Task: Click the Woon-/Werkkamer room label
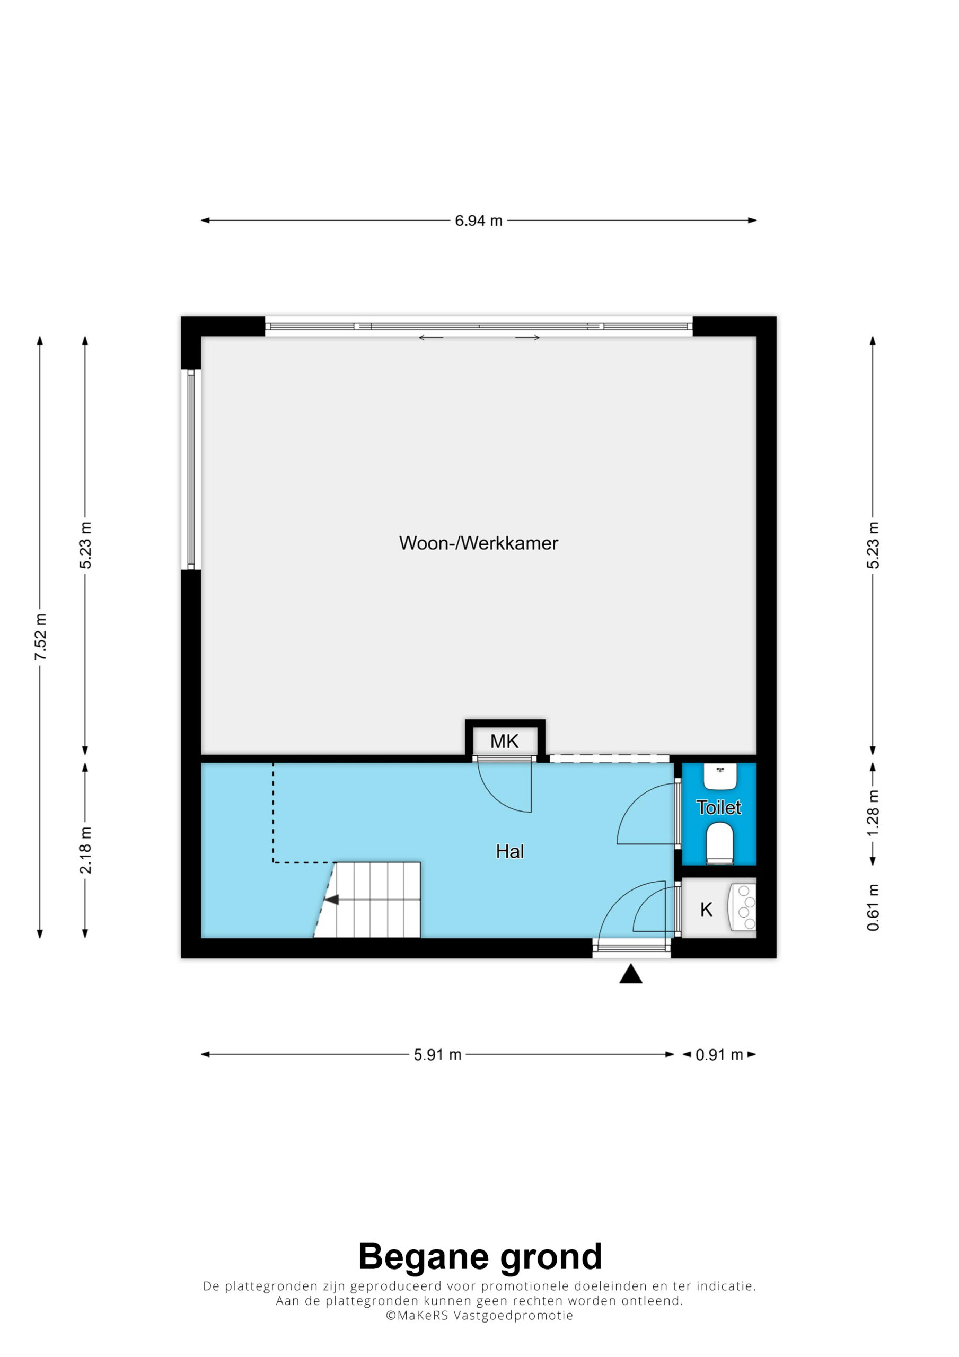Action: click(478, 543)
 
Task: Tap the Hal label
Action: click(509, 851)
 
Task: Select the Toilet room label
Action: click(718, 807)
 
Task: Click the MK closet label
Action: click(504, 741)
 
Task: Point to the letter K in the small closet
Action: click(706, 910)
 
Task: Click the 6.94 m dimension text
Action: click(478, 221)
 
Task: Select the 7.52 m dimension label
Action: click(40, 637)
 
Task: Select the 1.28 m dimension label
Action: click(873, 812)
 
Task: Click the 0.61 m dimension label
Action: click(873, 908)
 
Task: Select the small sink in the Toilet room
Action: click(720, 776)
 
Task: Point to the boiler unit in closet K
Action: click(743, 907)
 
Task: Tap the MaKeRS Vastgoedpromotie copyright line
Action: click(479, 1315)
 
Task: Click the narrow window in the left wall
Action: click(191, 470)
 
